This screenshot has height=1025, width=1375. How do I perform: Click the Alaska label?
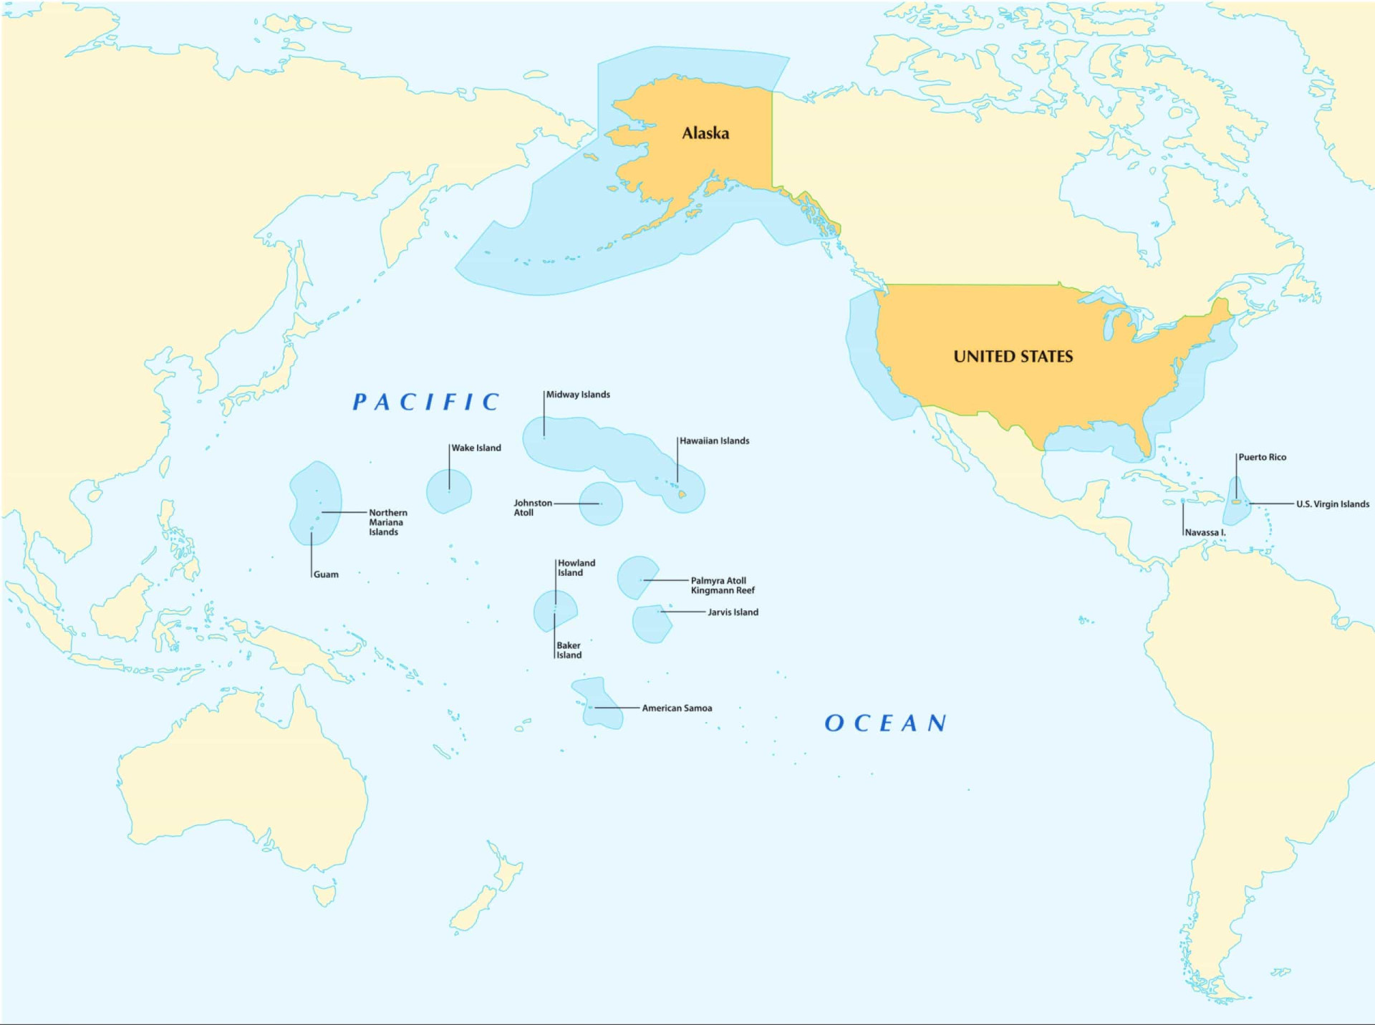tap(705, 133)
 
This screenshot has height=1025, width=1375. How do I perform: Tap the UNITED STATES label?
tap(1013, 356)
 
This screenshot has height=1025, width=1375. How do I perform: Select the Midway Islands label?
tap(578, 395)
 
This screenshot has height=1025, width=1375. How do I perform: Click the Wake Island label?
tap(476, 448)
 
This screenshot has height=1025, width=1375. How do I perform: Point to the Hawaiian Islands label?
tap(714, 441)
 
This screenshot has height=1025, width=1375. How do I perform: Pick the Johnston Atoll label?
tap(532, 508)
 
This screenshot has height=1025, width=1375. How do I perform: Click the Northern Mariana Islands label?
tap(387, 522)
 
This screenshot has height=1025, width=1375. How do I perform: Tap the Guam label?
tap(326, 574)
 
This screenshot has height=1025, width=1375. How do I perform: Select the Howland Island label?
tap(576, 568)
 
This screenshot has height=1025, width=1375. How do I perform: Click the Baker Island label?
tap(569, 650)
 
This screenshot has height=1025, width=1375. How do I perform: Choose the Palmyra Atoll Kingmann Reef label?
tap(722, 585)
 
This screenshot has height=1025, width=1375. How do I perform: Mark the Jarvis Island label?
tap(733, 612)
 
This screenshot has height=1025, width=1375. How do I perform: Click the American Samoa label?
tap(677, 708)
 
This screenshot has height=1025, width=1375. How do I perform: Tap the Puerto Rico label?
tap(1262, 457)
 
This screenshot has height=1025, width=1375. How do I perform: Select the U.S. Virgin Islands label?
tap(1332, 504)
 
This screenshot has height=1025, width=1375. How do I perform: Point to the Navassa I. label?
tap(1205, 533)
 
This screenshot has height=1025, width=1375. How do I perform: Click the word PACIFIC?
tap(426, 402)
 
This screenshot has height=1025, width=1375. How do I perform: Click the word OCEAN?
tap(886, 723)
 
